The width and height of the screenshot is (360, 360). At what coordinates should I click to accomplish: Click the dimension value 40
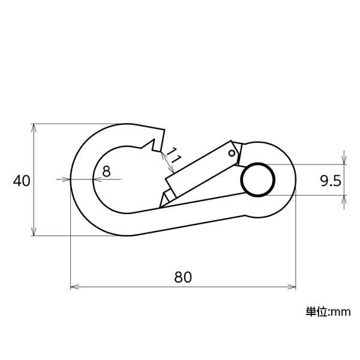[x=22, y=181]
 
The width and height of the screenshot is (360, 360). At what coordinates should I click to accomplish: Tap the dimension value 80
[x=183, y=277]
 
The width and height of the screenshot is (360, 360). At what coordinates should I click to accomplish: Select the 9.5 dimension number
[x=331, y=181]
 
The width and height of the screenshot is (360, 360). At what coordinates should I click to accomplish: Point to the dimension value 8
[x=106, y=171]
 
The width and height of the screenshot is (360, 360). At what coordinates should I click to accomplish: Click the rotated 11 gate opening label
[x=173, y=155]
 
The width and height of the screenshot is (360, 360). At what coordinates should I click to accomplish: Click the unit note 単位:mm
[x=328, y=312]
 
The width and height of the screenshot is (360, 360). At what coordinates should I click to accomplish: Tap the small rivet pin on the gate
[x=232, y=153]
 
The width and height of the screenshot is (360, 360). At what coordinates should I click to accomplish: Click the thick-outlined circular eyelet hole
[x=258, y=180]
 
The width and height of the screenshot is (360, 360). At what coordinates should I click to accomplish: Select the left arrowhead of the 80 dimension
[x=75, y=287]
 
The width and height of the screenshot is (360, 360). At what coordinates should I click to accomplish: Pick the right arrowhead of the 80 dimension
[x=292, y=287]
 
